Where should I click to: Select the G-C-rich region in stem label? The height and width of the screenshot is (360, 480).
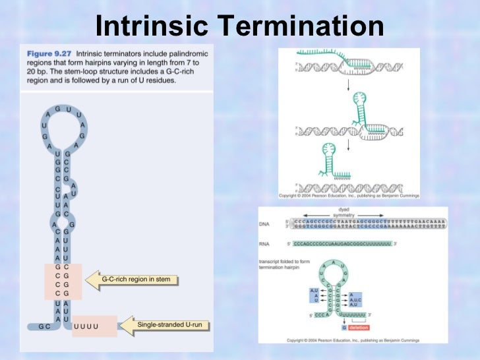[136, 280]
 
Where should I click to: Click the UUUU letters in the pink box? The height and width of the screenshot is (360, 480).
[86, 326]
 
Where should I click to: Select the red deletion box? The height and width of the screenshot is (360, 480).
[360, 328]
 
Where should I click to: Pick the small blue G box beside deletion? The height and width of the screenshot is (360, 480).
[344, 328]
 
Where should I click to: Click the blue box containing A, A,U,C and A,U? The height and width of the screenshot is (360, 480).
[355, 300]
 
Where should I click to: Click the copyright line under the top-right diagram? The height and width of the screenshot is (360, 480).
[349, 196]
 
